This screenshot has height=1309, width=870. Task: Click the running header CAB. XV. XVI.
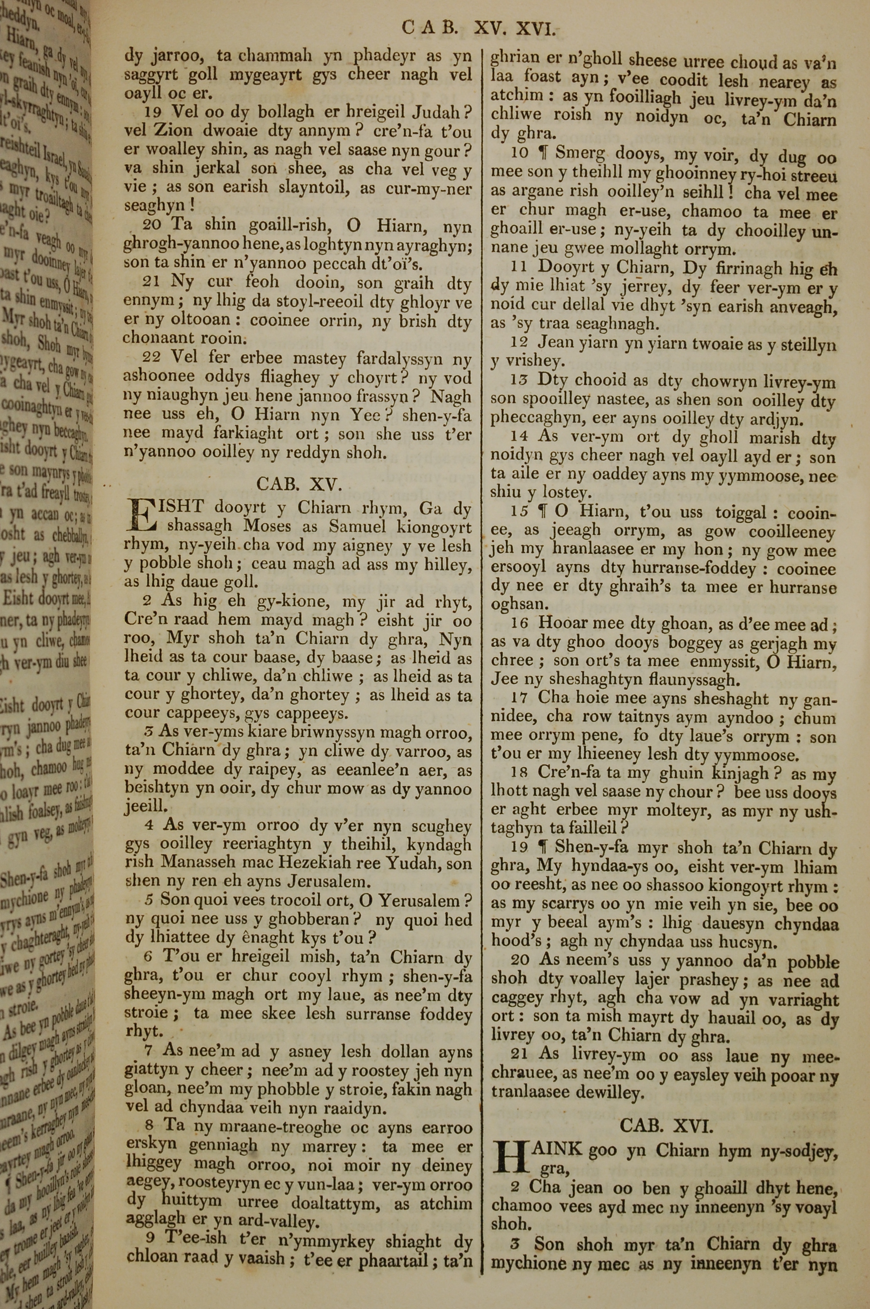coord(478,28)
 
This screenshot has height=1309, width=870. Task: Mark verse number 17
coord(519,698)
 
